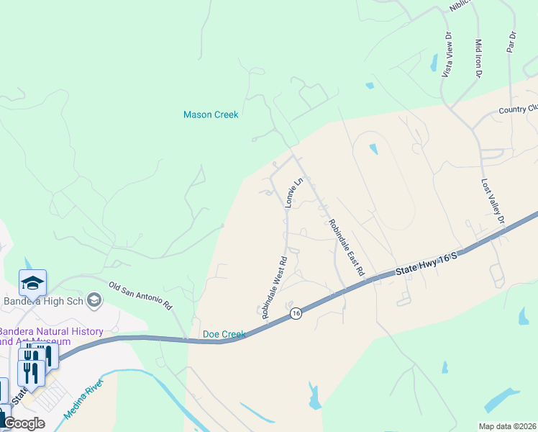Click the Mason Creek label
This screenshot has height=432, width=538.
pyautogui.click(x=211, y=114)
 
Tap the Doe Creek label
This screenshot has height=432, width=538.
pyautogui.click(x=224, y=334)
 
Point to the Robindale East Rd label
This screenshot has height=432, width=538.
pyautogui.click(x=346, y=248)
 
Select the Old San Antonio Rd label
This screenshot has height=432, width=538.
pyautogui.click(x=141, y=295)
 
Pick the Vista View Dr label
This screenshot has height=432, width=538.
pyautogui.click(x=447, y=54)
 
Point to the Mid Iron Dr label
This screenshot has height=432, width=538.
pyautogui.click(x=478, y=58)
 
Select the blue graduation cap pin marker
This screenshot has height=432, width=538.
pyautogui.click(x=32, y=283)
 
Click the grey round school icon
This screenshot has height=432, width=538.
pyautogui.click(x=94, y=299)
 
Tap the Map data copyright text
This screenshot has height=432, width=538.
pyautogui.click(x=508, y=426)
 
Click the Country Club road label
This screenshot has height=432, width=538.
pyautogui.click(x=518, y=110)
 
